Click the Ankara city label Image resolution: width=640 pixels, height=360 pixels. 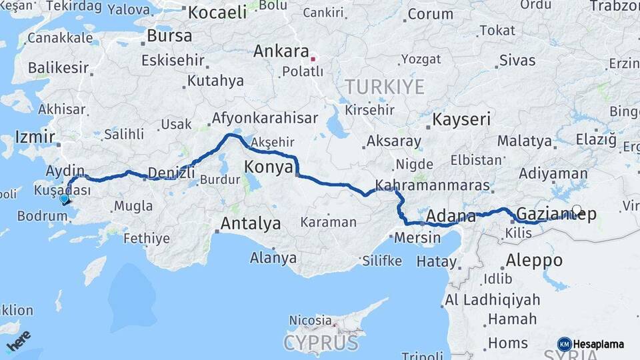point(281,51)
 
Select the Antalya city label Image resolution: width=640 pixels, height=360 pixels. point(250,223)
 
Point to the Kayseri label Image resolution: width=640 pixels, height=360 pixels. point(461,120)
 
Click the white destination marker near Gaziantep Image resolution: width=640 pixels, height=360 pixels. point(577,209)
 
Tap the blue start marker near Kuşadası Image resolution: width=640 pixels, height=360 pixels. point(64,199)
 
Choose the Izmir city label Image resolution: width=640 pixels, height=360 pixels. point(35,137)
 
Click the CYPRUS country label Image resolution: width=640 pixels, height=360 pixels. point(320,343)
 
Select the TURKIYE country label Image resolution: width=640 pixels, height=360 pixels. point(384,87)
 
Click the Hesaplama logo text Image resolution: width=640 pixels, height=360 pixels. point(599,344)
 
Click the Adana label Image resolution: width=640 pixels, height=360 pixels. point(450,216)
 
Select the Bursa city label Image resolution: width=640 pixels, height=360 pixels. point(169,35)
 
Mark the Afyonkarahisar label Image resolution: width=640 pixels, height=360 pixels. point(264,119)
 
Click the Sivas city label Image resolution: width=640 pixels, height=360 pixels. point(517,60)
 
